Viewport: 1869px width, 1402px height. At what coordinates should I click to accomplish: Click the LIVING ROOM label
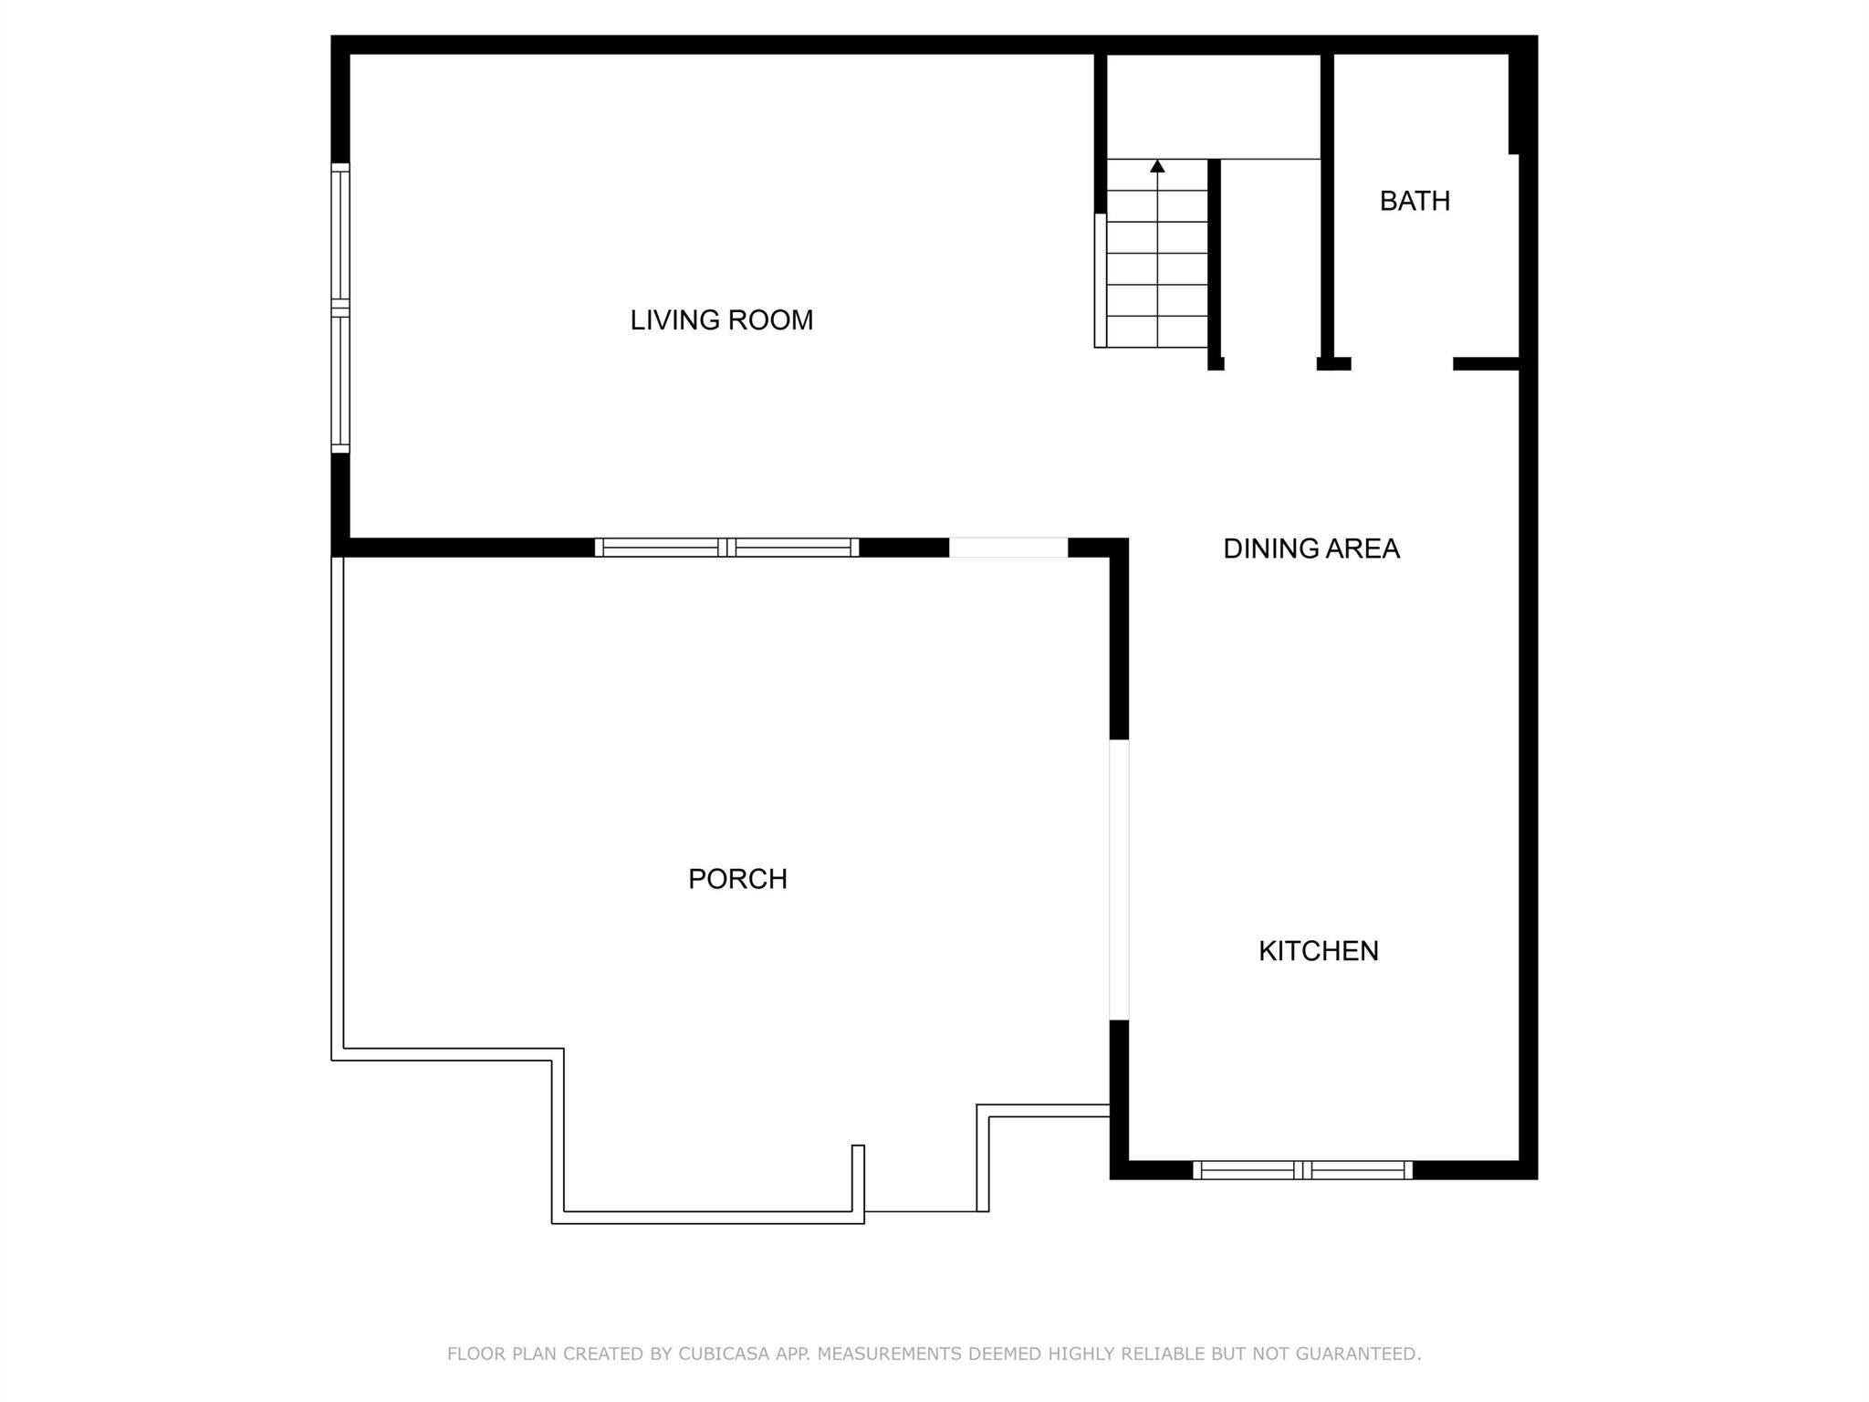click(x=721, y=320)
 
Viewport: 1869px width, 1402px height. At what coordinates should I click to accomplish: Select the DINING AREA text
click(x=1310, y=549)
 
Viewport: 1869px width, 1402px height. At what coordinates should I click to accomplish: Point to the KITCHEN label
click(x=1318, y=951)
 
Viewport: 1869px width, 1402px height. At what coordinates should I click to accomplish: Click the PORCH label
click(x=737, y=879)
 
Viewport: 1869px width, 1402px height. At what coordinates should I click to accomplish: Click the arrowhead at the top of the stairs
click(x=1157, y=166)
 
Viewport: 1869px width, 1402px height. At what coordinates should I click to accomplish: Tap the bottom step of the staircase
click(x=1157, y=332)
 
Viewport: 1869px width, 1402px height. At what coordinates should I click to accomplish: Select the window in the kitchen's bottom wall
click(x=1302, y=1170)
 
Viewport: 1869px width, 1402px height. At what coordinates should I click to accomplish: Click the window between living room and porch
click(x=726, y=548)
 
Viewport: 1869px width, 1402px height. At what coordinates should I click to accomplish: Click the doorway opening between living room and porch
click(x=1008, y=548)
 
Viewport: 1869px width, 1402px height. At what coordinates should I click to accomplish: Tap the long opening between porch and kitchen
click(x=1119, y=879)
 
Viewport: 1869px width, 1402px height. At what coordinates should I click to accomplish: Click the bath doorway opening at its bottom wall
click(x=1402, y=364)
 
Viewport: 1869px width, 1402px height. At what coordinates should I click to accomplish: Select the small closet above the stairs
click(x=1214, y=106)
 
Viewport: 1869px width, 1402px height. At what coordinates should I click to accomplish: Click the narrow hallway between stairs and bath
click(x=1270, y=265)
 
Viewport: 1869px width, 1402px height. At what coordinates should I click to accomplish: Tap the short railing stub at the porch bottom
click(x=858, y=1178)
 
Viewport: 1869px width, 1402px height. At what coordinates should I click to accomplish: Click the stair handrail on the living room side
click(x=1101, y=281)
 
